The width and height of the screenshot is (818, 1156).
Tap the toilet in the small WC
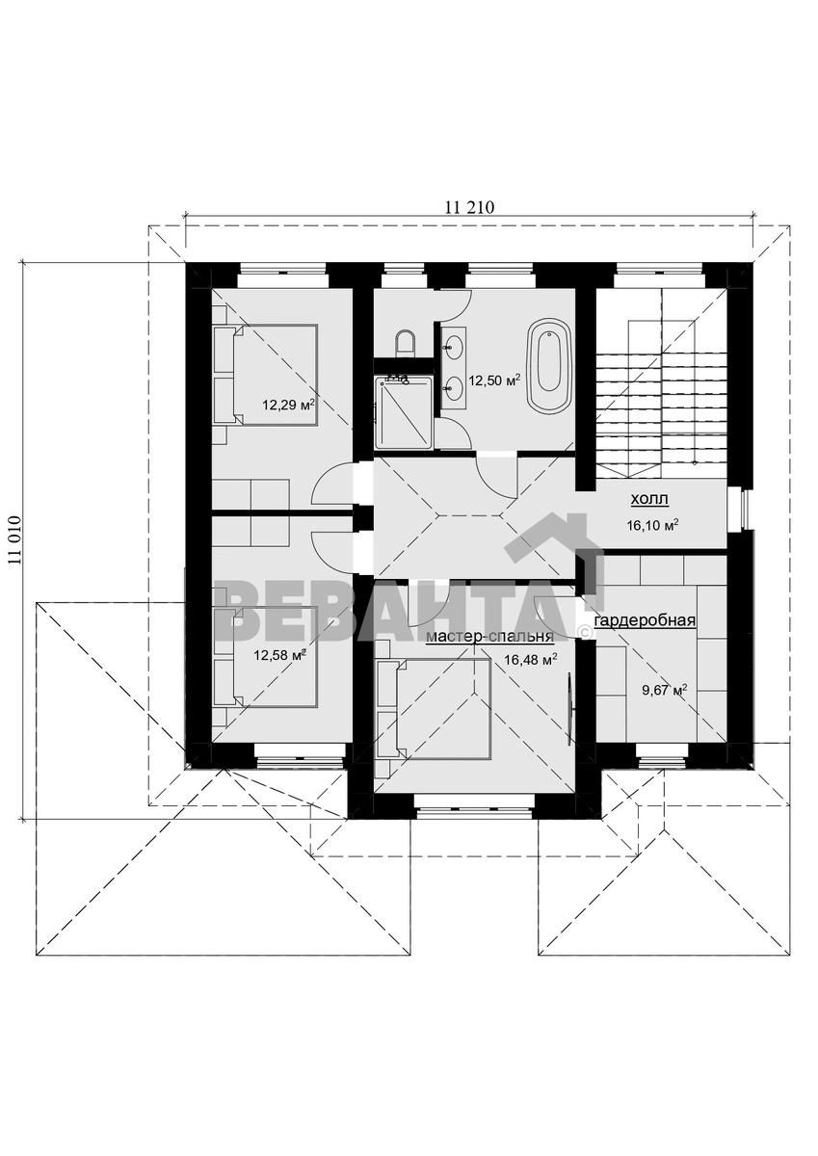[405, 343]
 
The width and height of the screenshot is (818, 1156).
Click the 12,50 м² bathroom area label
[493, 381]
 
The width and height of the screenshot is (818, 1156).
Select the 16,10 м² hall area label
[652, 525]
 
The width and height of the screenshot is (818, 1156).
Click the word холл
[649, 500]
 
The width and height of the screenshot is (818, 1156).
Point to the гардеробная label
[646, 620]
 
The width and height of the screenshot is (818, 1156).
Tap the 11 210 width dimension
[469, 207]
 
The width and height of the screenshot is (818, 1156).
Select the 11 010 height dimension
[13, 541]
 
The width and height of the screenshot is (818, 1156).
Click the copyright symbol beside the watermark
[584, 631]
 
